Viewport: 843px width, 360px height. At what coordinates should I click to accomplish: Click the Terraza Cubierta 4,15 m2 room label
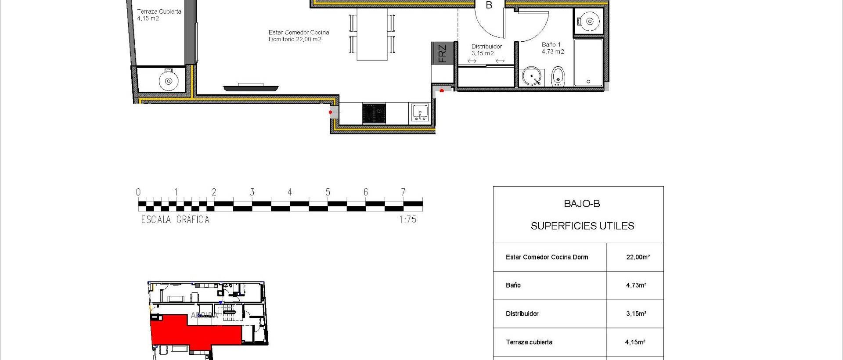[x=159, y=15]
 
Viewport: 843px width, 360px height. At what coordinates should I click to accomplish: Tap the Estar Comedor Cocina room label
[x=299, y=36]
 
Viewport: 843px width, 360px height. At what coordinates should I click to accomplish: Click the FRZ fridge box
[x=442, y=54]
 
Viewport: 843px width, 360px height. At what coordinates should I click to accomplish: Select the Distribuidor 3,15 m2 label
[x=486, y=50]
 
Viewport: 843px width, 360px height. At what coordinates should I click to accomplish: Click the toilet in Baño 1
[x=558, y=76]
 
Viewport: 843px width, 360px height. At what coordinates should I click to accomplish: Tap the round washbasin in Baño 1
[x=532, y=77]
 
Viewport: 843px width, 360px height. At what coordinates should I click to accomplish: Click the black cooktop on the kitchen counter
[x=374, y=113]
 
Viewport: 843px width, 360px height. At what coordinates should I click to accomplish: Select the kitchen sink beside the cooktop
[x=420, y=113]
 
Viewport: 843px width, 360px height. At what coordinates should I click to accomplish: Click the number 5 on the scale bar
[x=328, y=192]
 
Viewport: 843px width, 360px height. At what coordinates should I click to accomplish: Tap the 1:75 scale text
[x=407, y=220]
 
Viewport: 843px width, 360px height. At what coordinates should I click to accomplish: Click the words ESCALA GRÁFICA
[x=175, y=220]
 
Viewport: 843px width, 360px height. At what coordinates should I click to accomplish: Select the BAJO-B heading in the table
[x=582, y=204]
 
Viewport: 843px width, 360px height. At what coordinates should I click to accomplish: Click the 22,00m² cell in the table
[x=638, y=257]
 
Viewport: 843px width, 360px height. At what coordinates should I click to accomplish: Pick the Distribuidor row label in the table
[x=522, y=314]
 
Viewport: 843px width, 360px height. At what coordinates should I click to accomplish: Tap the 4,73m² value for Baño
[x=636, y=285]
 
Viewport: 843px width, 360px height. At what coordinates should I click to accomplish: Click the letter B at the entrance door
[x=489, y=5]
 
